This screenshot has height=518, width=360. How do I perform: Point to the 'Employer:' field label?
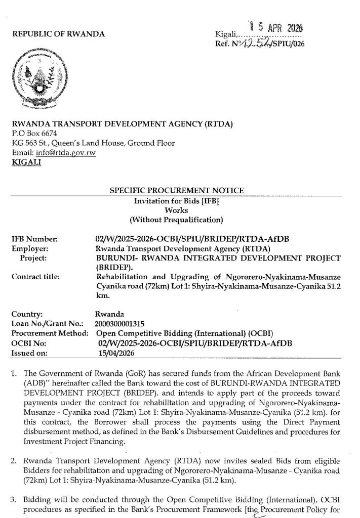point(29,248)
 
